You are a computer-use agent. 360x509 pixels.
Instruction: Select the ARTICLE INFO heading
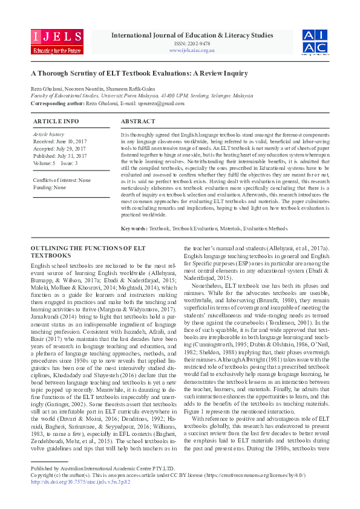[x=56, y=122]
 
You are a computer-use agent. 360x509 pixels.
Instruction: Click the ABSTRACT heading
[x=138, y=122]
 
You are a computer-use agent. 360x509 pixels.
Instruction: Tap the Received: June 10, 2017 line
[x=61, y=140]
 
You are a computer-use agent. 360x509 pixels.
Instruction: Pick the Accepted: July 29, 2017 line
[x=60, y=148]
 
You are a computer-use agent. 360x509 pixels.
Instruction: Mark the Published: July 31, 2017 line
[x=60, y=155]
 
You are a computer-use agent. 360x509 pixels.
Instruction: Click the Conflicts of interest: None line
[x=62, y=180]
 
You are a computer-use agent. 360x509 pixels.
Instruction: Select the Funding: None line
[x=50, y=187]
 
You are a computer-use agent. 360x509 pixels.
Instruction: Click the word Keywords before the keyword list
[x=134, y=229]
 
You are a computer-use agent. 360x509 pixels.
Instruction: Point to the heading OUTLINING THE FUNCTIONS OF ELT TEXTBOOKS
[x=88, y=251]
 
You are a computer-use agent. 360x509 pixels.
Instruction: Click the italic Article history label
[x=48, y=134]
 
